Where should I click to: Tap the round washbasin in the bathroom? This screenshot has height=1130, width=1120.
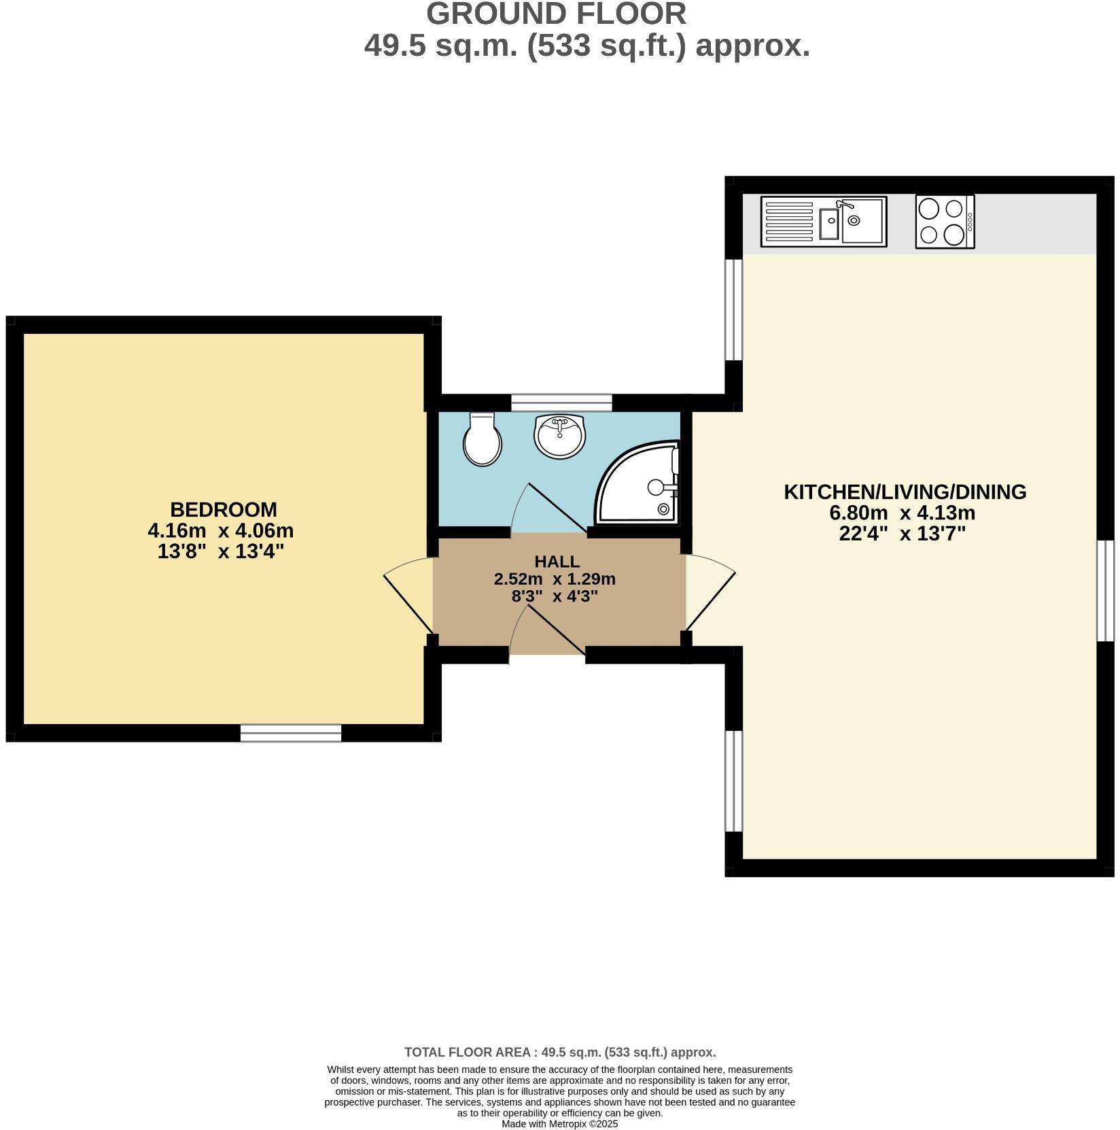[559, 436]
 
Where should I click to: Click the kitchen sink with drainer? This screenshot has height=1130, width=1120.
[823, 222]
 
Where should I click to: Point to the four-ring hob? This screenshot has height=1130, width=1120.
[944, 222]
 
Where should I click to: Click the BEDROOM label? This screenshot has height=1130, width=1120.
[223, 509]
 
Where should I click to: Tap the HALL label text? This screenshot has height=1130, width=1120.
[557, 562]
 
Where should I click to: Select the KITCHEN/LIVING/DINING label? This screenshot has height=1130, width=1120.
[905, 492]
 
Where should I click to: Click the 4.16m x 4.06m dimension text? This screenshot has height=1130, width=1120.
[220, 530]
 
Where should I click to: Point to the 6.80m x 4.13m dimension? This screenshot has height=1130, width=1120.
[902, 513]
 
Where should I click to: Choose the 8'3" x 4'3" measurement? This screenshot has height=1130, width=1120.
[554, 597]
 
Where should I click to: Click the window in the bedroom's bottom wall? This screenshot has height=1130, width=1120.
[290, 733]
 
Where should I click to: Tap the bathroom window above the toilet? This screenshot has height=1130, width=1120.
[561, 403]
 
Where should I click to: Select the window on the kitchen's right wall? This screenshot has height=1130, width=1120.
[1106, 590]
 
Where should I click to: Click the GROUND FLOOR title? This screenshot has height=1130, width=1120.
[556, 14]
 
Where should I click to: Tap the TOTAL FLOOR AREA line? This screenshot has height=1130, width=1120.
[560, 1052]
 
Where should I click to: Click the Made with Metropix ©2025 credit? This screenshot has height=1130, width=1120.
[559, 1124]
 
